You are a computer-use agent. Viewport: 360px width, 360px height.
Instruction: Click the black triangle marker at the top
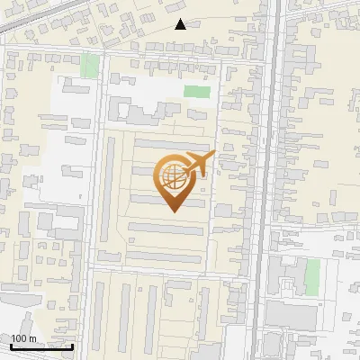click(181, 24)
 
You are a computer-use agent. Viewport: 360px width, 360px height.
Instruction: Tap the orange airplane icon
click(198, 165)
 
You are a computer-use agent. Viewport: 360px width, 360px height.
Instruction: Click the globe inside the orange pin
click(174, 177)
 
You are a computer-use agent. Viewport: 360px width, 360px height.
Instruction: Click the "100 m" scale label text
click(23, 338)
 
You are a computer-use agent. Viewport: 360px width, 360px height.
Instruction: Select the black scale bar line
click(41, 346)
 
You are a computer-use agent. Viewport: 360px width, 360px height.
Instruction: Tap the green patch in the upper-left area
click(89, 66)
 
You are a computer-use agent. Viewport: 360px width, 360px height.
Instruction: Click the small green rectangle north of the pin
click(196, 91)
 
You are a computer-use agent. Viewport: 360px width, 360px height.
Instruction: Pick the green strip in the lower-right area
click(312, 276)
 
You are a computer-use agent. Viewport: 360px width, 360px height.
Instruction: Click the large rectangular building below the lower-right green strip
click(292, 315)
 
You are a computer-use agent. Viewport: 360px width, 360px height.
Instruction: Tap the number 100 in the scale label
click(19, 338)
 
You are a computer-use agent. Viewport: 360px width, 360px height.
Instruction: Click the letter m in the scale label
click(32, 338)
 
